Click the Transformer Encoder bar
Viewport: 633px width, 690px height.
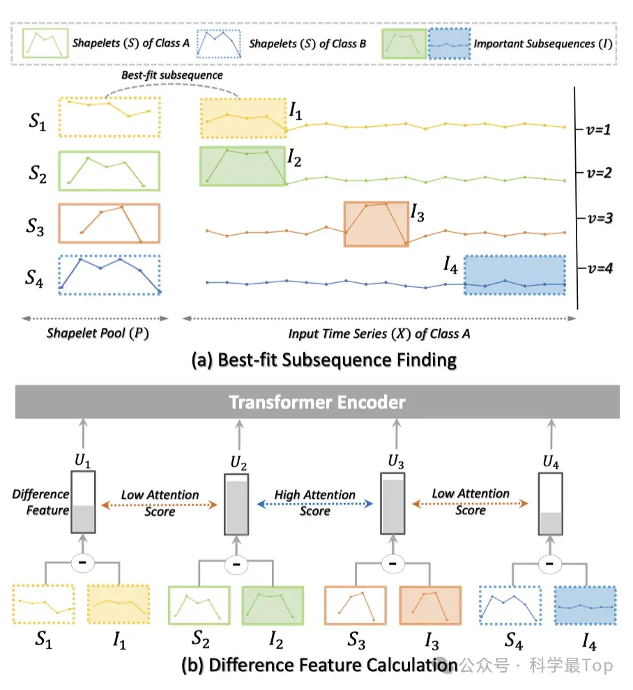coord(317,401)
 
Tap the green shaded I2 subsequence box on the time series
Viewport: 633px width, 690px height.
coord(243,166)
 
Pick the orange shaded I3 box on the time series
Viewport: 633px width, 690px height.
coord(376,224)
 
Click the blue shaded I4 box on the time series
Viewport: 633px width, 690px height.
coord(515,275)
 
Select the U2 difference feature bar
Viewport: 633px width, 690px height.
coord(236,505)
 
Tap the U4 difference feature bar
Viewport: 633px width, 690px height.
coord(551,505)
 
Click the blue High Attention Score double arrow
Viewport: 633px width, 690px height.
coord(314,504)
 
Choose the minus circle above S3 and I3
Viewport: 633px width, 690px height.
coord(392,563)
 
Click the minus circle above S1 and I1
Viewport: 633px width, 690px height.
coord(83,563)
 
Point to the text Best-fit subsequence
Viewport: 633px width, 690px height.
coord(172,75)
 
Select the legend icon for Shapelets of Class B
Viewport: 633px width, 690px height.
coord(219,44)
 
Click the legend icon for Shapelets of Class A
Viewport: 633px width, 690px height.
coord(45,43)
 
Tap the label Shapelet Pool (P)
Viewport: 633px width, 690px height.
coord(98,333)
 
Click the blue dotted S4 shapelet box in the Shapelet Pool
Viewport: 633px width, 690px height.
coord(109,275)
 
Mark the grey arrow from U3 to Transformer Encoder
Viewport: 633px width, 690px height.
coord(396,434)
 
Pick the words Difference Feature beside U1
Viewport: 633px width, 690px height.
coord(40,502)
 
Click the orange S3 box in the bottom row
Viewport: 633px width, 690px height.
coord(356,605)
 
